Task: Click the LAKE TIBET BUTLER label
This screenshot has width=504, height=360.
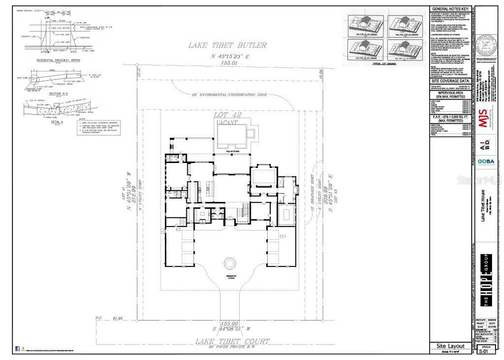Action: point(227,45)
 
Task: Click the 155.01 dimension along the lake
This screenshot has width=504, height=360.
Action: point(229,63)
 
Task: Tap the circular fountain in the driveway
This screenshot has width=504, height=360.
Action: point(230,263)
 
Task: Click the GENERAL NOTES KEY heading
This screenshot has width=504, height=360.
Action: point(451,9)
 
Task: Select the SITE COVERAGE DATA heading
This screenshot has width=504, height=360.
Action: point(451,79)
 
